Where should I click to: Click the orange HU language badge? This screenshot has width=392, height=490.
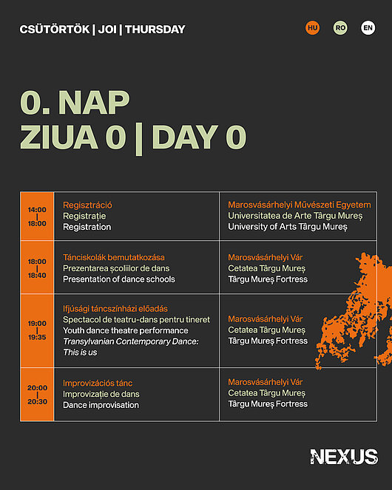[x=313, y=28]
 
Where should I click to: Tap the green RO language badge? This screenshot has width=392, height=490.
[x=340, y=28]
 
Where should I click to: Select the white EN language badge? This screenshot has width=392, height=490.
[x=368, y=28]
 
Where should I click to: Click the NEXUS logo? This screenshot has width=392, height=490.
[x=344, y=457]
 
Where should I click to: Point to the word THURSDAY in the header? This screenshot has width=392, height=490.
[x=155, y=30]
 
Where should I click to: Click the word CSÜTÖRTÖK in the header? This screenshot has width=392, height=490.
[x=55, y=30]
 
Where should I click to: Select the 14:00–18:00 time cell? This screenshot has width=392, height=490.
[x=37, y=217]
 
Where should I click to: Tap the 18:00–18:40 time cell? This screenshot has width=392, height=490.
[x=37, y=268]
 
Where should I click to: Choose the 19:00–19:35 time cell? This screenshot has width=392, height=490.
[x=37, y=330]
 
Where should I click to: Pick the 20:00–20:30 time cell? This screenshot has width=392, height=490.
[x=37, y=395]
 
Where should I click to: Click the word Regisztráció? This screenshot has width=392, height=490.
[x=87, y=205]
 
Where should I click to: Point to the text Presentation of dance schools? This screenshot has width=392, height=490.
[x=119, y=279]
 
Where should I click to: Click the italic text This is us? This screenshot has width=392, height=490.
[x=80, y=353]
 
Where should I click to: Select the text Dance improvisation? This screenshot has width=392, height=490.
[x=101, y=405]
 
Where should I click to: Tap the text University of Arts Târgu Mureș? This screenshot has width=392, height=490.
[x=288, y=227]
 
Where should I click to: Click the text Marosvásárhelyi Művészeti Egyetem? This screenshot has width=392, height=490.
[x=300, y=205]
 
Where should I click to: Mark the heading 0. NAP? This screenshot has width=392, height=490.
[x=75, y=103]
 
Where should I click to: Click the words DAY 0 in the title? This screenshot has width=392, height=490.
[x=199, y=137]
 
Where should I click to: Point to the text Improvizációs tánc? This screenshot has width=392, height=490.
[x=98, y=383]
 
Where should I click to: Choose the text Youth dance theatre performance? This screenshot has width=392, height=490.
[x=126, y=330]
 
